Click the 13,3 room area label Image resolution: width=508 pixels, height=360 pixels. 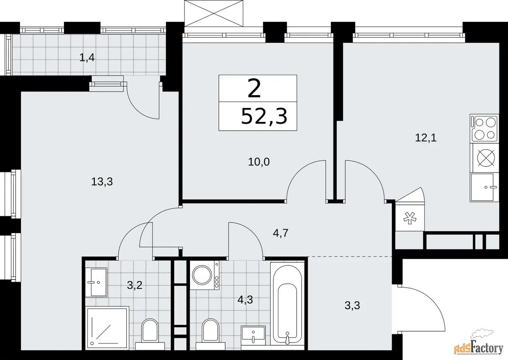102,182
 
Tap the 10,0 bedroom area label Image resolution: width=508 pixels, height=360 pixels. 259,162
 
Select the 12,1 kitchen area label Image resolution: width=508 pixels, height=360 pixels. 426,138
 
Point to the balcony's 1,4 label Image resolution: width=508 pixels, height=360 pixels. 87,58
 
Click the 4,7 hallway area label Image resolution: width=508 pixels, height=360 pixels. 280,233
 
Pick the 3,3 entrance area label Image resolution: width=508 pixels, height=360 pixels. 352,305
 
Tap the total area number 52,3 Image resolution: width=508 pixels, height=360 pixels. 264,116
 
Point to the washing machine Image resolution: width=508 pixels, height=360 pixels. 204,275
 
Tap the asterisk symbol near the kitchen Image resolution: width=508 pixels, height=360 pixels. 410,218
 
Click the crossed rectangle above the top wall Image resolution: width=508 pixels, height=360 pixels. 214,13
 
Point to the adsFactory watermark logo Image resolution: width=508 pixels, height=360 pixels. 478,347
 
